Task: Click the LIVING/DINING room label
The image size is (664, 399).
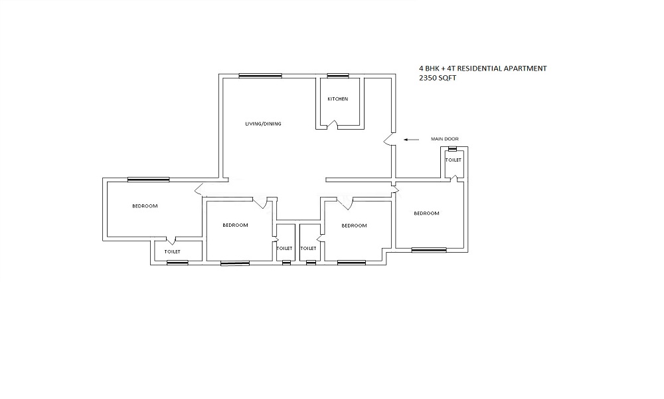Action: point(258,124)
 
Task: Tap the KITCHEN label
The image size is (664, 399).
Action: point(337,99)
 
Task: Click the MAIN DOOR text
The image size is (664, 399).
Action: point(444,139)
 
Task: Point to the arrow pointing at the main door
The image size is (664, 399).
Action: point(411,140)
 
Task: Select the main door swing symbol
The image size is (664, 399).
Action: point(388,139)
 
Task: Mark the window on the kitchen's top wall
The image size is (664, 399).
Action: point(337,75)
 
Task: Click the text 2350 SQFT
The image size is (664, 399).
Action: point(438,78)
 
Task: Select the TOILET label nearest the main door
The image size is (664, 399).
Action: point(454,160)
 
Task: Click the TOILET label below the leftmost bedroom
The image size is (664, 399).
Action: point(173,252)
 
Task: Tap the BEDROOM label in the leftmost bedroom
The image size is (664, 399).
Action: point(145,206)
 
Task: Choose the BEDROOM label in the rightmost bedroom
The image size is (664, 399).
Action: point(426,213)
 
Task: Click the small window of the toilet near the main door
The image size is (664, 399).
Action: point(452,149)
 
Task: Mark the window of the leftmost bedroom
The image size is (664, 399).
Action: point(149,179)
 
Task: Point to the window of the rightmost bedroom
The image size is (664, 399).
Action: point(428,250)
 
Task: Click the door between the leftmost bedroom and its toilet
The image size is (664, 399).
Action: point(171,240)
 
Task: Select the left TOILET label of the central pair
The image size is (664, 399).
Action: point(284,248)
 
